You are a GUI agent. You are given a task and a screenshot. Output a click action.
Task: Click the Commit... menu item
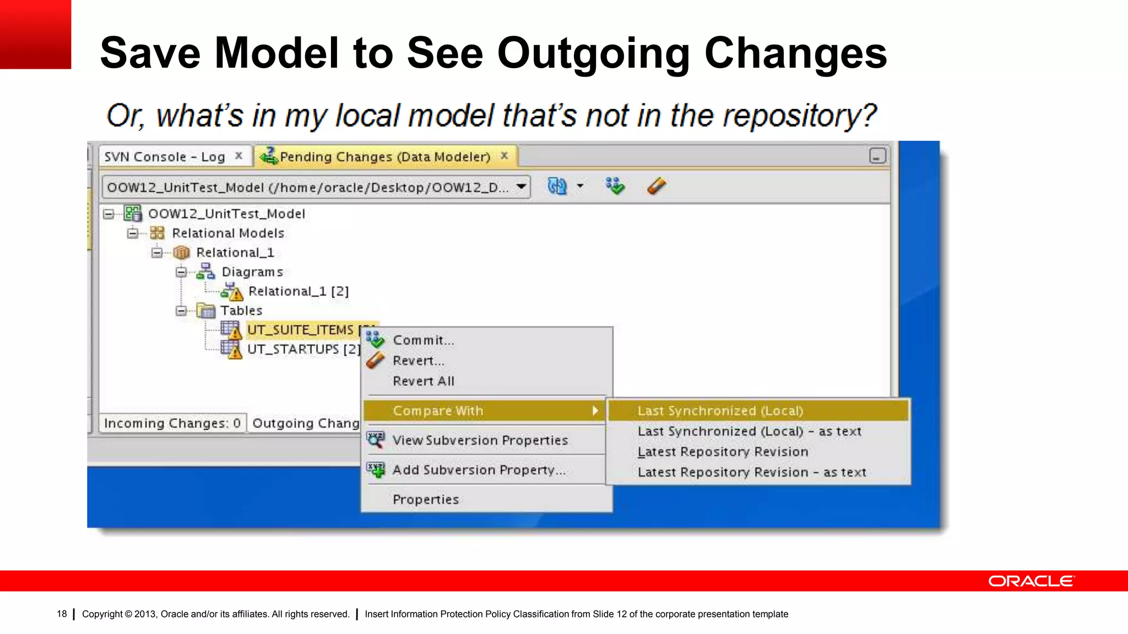coord(423,341)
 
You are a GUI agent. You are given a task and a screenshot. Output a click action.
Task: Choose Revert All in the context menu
coord(423,381)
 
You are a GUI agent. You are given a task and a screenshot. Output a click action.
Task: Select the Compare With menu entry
coord(438,411)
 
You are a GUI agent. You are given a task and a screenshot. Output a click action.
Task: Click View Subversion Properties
coord(479,441)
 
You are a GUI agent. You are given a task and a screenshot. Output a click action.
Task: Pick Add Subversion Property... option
coord(478,470)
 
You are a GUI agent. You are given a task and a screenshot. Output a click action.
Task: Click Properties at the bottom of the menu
coord(425,500)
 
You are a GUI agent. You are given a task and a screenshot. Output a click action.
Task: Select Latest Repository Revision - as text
coord(751,473)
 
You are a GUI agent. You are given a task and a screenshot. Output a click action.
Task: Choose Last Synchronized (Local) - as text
coord(749,432)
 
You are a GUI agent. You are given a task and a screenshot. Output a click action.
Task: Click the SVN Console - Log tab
coord(164,157)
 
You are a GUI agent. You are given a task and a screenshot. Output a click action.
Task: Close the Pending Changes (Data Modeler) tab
coord(504,156)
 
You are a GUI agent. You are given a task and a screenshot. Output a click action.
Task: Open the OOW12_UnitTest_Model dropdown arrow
coord(520,187)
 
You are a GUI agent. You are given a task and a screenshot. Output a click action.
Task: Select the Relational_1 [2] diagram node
coord(298,292)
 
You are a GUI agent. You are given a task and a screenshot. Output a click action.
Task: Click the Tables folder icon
coord(206,311)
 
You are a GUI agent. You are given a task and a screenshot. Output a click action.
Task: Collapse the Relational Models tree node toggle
coord(132,233)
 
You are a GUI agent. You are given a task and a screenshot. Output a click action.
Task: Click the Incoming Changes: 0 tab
coord(172,423)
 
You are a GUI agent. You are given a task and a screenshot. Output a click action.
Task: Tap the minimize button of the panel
coord(877,156)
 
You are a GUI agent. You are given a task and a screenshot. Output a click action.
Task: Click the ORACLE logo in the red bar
coord(1031,581)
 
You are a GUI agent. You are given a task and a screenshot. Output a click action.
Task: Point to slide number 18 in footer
coord(62,614)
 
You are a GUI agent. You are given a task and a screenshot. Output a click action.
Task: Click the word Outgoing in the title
coord(593,53)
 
